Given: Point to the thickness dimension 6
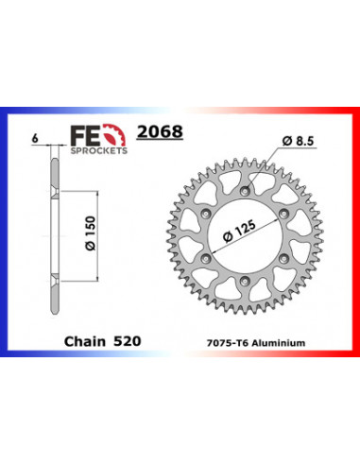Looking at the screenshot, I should point(36,138).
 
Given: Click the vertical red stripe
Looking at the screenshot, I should point(356,232).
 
